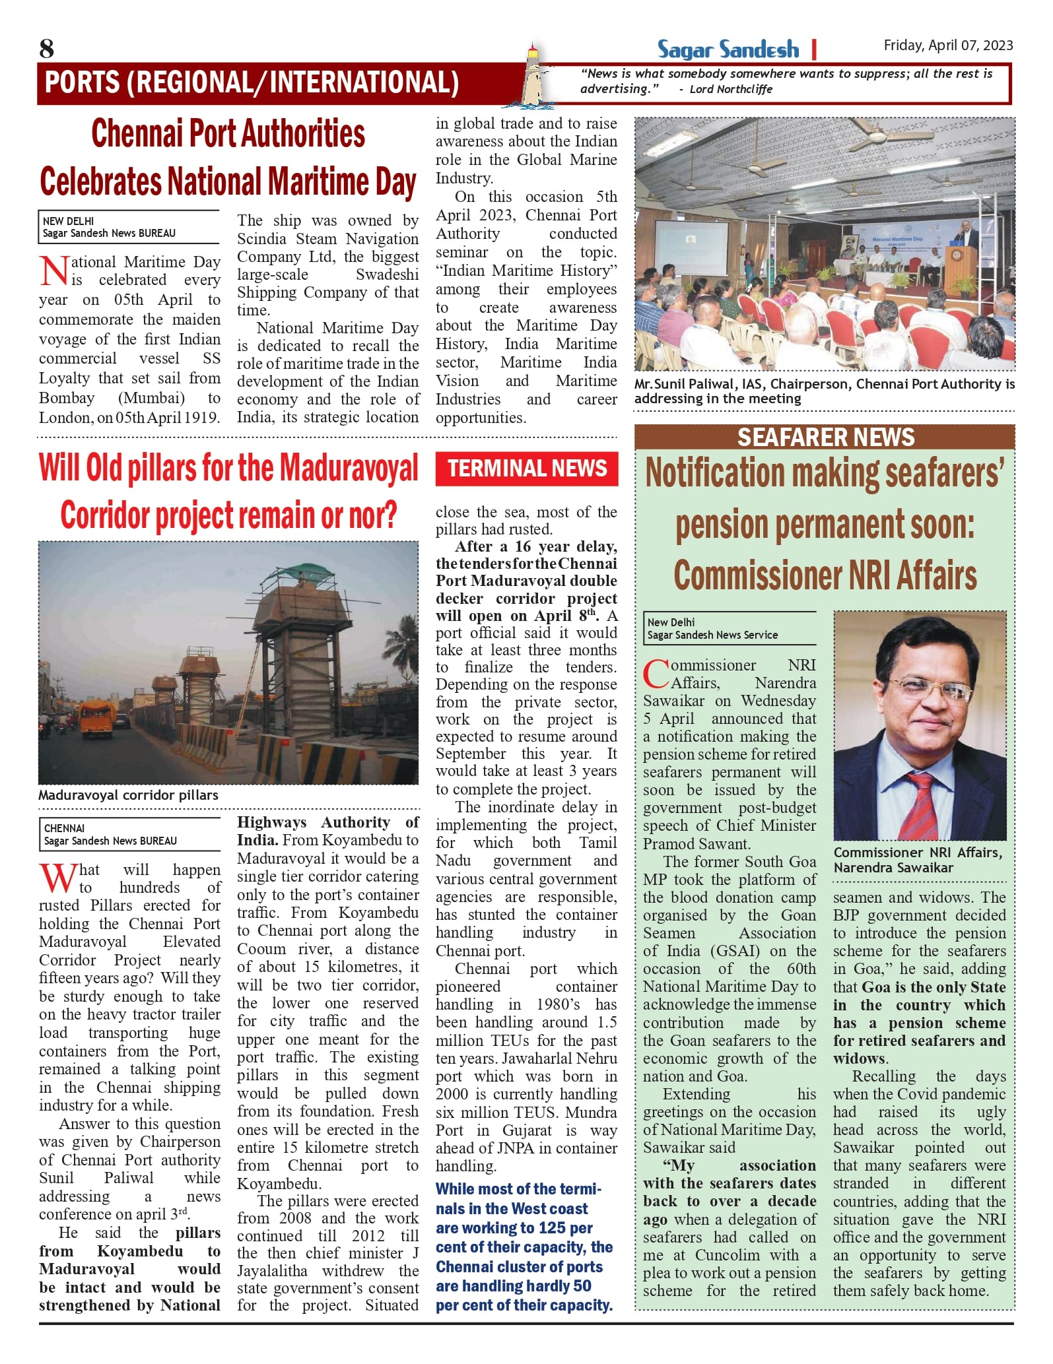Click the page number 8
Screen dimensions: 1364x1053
46,49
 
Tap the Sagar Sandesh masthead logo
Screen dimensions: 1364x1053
728,49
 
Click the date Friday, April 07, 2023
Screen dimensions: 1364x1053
948,46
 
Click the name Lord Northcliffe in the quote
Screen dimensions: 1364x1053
731,90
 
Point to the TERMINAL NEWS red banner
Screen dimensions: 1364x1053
527,469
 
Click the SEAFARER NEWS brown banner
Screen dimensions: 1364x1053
825,438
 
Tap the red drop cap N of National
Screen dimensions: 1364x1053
54,271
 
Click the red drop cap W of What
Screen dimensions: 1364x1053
58,878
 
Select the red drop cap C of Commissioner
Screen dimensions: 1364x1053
656,674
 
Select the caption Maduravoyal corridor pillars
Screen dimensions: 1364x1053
128,795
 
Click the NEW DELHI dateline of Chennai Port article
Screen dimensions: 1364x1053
68,222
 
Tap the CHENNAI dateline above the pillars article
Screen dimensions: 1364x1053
64,828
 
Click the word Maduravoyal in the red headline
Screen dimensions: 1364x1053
348,469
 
